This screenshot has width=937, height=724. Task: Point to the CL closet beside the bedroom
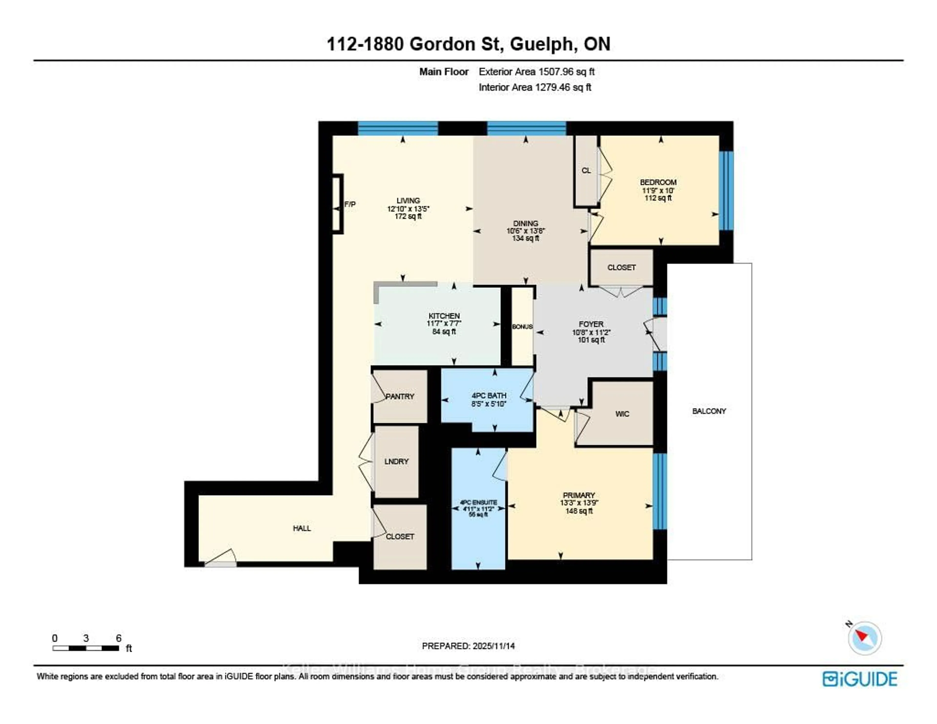[586, 171]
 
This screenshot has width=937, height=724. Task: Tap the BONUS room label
[522, 327]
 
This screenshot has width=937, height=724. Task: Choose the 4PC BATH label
[489, 396]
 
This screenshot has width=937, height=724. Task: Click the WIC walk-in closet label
[622, 414]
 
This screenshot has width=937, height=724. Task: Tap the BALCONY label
[709, 411]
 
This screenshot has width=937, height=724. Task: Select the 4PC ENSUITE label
[478, 502]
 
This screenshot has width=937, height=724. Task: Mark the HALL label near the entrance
[302, 528]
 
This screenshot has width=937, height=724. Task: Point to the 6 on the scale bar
[118, 638]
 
